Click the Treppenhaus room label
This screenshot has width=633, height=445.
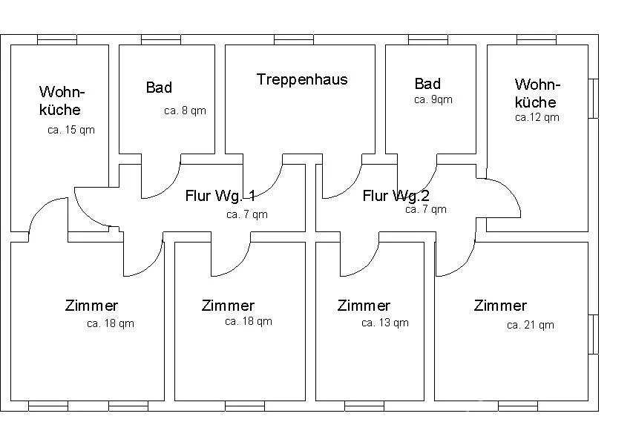pyautogui.click(x=302, y=79)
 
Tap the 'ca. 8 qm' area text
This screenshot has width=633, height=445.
pyautogui.click(x=185, y=111)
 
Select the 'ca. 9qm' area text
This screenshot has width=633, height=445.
pyautogui.click(x=433, y=99)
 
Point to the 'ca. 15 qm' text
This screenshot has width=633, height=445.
pyautogui.click(x=71, y=130)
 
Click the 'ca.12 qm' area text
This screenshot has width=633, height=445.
pyautogui.click(x=537, y=117)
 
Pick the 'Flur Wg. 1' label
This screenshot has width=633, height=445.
pyautogui.click(x=220, y=196)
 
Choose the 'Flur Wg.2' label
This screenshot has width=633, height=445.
pyautogui.click(x=396, y=196)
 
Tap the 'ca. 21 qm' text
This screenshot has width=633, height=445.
pyautogui.click(x=530, y=325)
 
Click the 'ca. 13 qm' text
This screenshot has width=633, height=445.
pyautogui.click(x=384, y=323)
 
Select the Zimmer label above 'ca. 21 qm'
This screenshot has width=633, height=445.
pyautogui.click(x=500, y=306)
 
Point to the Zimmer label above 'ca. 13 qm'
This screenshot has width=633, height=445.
pyautogui.click(x=364, y=306)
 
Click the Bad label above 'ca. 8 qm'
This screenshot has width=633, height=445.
pyautogui.click(x=159, y=88)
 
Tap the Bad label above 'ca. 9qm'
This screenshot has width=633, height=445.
pyautogui.click(x=427, y=84)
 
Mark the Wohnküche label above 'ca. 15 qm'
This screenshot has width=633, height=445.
pyautogui.click(x=62, y=101)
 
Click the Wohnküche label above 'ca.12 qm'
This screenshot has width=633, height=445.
pyautogui.click(x=537, y=93)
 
